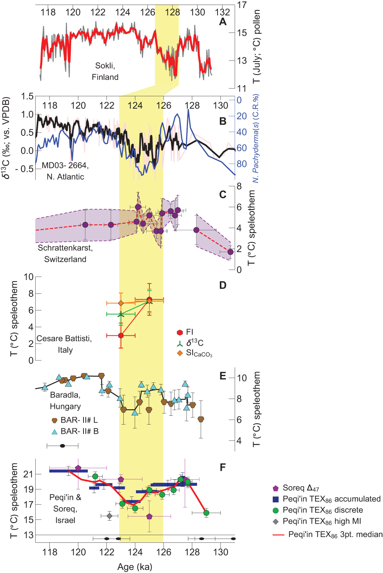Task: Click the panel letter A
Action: coord(223,22)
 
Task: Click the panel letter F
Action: coord(223,467)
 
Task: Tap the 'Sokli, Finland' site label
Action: coord(105,72)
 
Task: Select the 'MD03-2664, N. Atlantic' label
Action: coord(65,171)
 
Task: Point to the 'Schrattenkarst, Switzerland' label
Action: coord(65,253)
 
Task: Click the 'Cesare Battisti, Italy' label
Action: coord(64,344)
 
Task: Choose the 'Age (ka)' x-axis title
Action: coord(135,567)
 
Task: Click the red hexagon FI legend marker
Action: coord(180,332)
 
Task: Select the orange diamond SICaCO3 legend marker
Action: coord(180,353)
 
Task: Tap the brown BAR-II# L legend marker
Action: coord(54,420)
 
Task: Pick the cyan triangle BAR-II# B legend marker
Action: coord(54,431)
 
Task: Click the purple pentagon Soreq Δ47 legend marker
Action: coord(275,488)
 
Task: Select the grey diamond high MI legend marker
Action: coord(275,521)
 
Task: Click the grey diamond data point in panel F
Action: coord(110,516)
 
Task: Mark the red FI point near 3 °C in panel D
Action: coord(121,335)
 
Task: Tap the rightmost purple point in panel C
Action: coord(230,252)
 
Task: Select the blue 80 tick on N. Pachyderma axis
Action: coord(242,164)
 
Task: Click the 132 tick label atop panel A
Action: coord(222,12)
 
